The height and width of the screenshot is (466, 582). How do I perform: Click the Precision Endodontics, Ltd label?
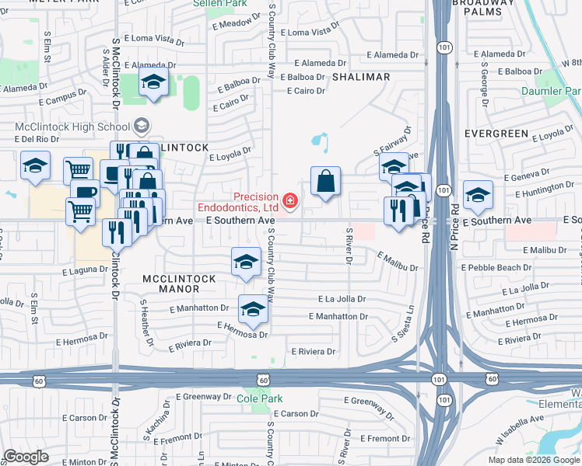(237, 202)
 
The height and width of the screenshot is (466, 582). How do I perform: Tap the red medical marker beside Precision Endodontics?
(290, 202)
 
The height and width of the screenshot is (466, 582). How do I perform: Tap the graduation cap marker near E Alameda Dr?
(154, 82)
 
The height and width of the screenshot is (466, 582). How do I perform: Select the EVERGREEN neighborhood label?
(496, 134)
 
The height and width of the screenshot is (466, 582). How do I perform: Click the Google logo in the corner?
(26, 456)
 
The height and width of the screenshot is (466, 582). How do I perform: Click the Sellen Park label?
(219, 4)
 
